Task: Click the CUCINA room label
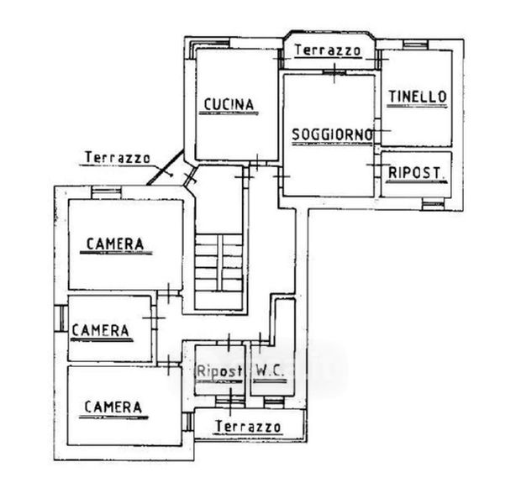[x=229, y=105]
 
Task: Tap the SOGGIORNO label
[x=332, y=134]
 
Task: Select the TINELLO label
[x=418, y=97]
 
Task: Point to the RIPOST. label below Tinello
[x=415, y=173]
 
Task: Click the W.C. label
[x=270, y=371]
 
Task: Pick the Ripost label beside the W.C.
[x=219, y=371]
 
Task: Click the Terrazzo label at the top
[x=328, y=50]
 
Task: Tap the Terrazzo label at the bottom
[x=248, y=427]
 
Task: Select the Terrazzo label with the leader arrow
[x=118, y=157]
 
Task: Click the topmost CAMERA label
[x=115, y=244]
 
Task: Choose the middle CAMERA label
[x=100, y=330]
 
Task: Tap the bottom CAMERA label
[x=113, y=407]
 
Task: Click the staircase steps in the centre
[x=219, y=263]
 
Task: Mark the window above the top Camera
[x=106, y=192]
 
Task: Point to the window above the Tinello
[x=416, y=45]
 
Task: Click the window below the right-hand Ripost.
[x=433, y=205]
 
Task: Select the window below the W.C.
[x=274, y=402]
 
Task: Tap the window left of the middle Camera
[x=61, y=318]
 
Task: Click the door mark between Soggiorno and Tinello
[x=378, y=130]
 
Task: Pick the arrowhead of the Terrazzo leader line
[x=171, y=175]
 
